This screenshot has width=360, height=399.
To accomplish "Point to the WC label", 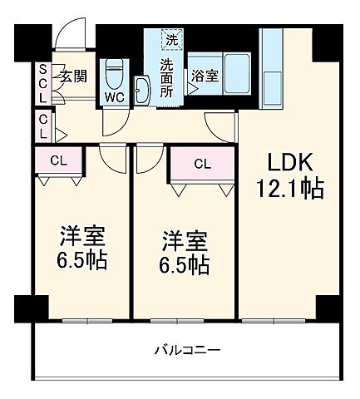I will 115,96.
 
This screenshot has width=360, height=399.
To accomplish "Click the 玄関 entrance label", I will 73,76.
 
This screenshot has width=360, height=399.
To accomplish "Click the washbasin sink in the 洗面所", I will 141,89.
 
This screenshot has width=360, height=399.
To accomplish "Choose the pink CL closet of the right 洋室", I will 201,164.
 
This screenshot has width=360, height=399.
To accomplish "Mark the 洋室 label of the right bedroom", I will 184,241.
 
